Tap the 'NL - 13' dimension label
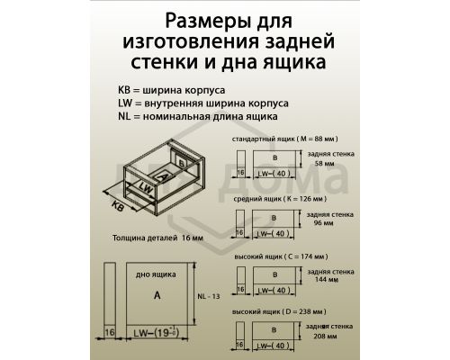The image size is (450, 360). [x=209, y=297]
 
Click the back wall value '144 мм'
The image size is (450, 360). [x=319, y=280]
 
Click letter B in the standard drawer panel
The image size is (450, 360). [x=274, y=158]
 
